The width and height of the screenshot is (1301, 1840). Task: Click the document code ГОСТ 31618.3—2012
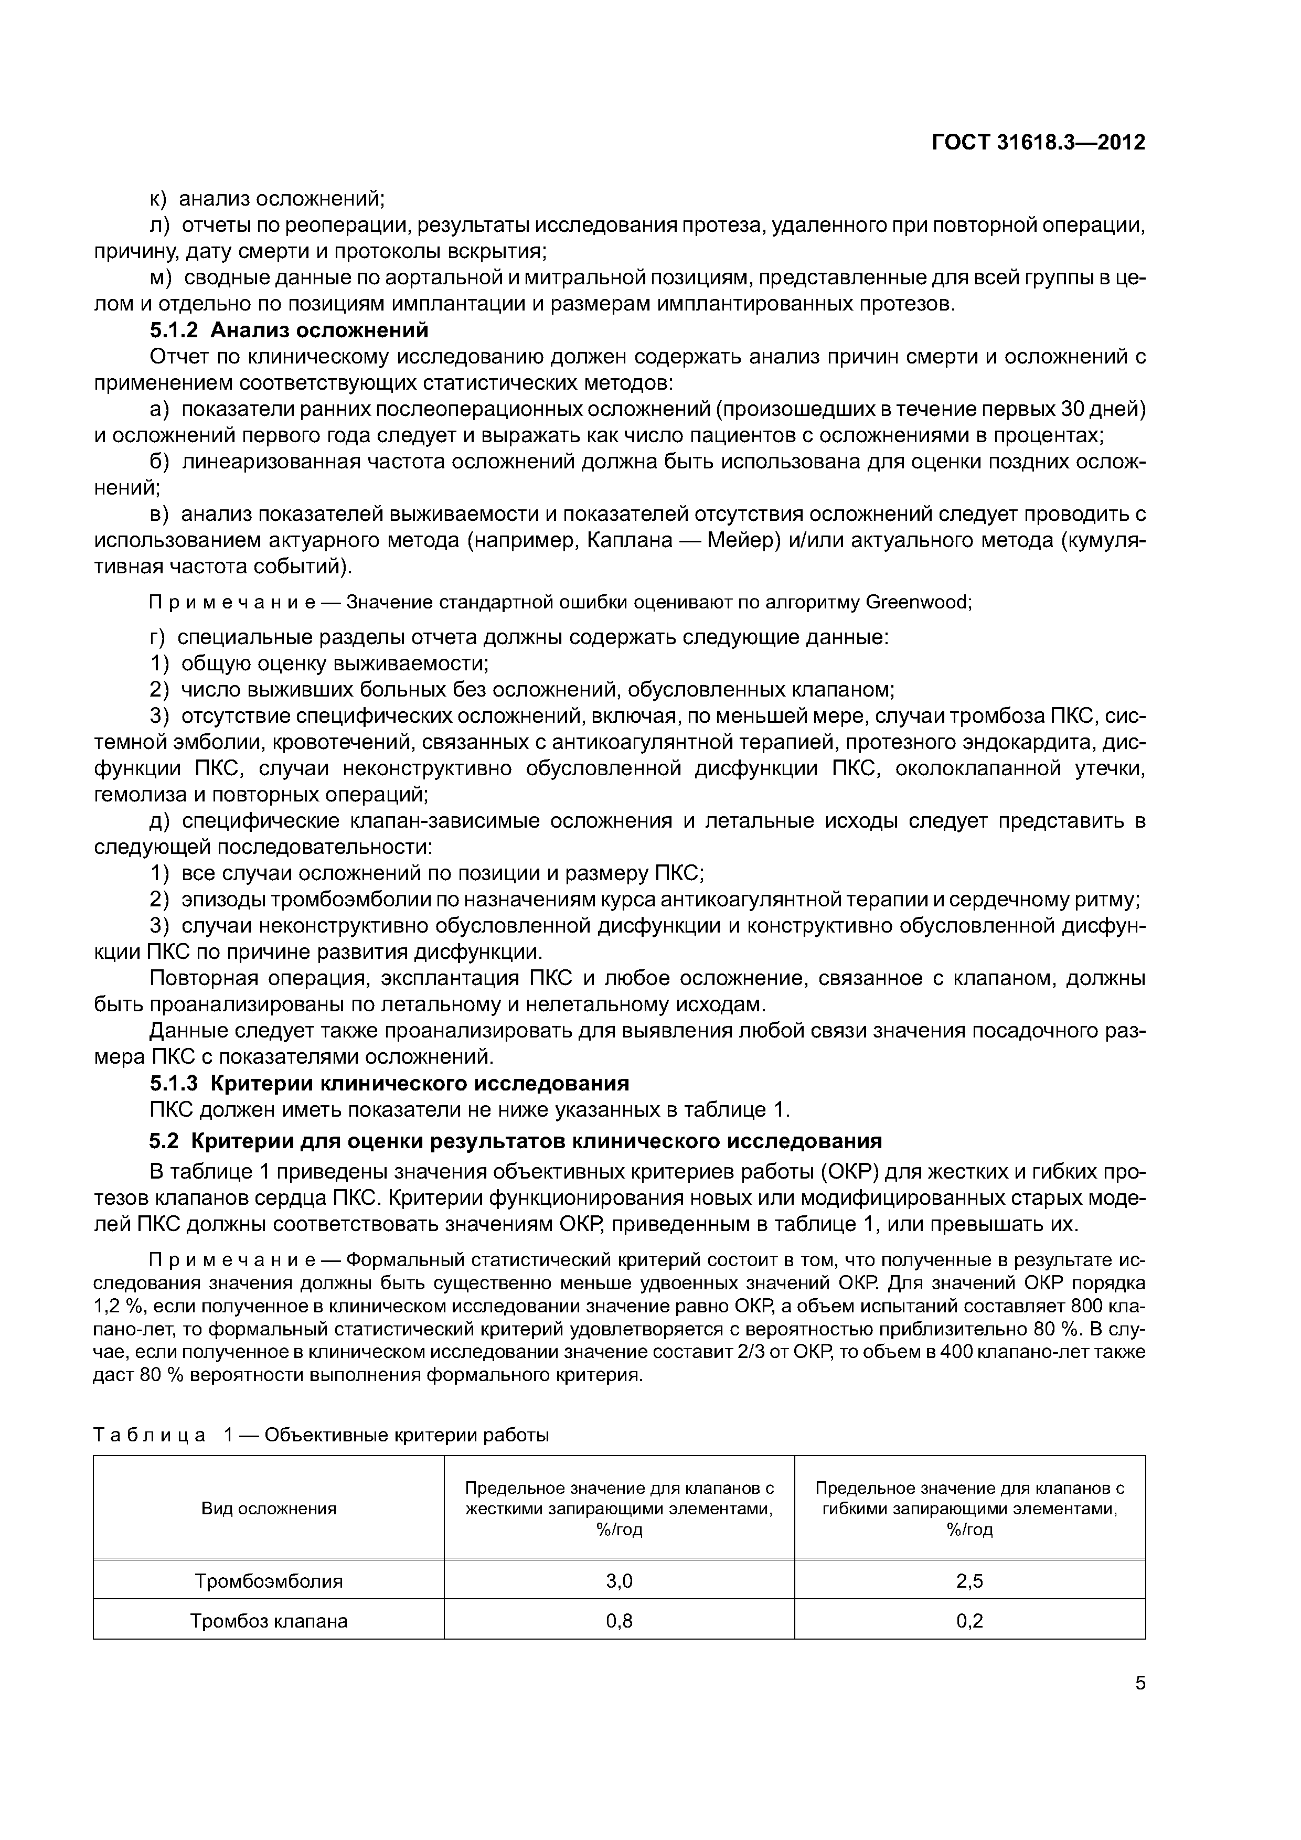tap(1038, 143)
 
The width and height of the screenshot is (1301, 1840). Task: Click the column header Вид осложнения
tap(269, 1509)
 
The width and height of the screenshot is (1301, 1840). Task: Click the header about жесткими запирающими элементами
tap(619, 1509)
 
